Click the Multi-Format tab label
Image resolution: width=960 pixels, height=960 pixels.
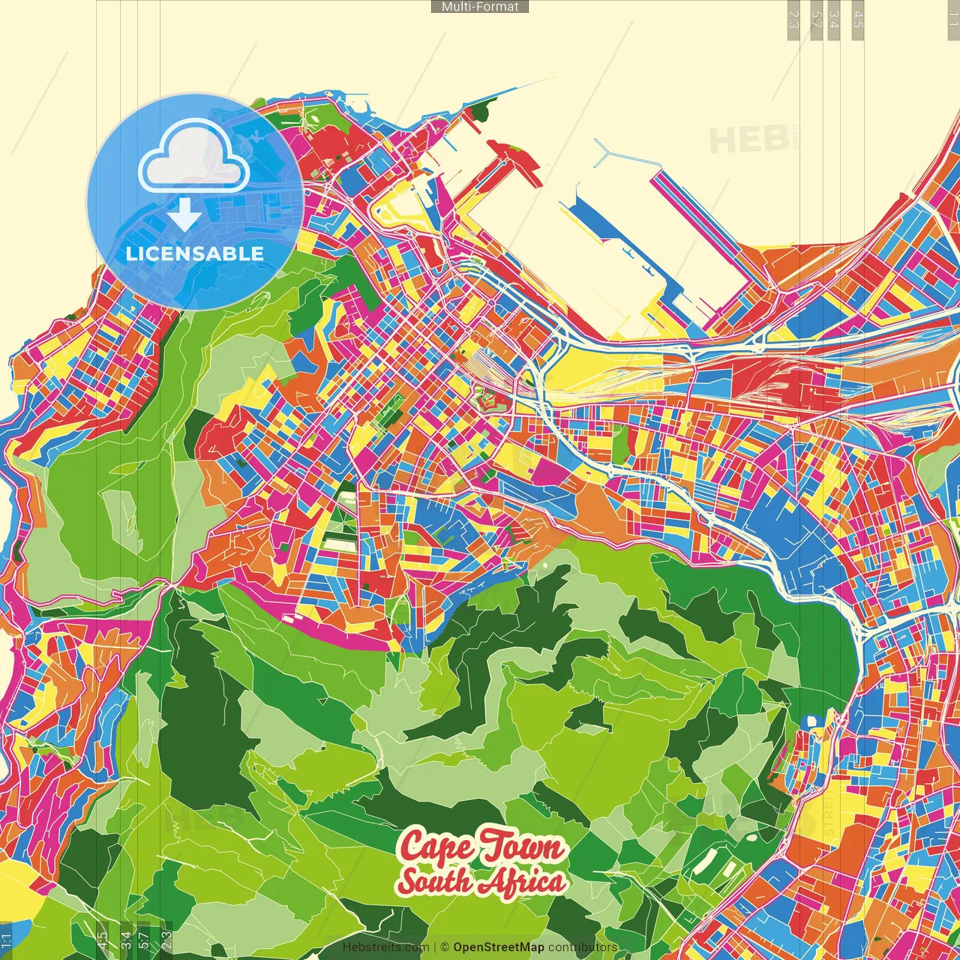pos(480,7)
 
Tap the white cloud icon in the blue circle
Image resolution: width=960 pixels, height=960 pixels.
pos(193,158)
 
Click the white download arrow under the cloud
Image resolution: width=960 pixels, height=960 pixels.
pos(184,216)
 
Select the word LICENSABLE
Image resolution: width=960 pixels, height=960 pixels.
pos(195,253)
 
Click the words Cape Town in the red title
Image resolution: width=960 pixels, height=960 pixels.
pos(481,847)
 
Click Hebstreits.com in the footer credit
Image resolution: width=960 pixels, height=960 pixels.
pos(385,947)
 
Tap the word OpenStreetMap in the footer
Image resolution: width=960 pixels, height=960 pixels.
pos(499,947)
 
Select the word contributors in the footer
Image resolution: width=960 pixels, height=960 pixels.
pos(583,947)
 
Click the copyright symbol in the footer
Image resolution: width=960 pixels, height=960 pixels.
pos(444,947)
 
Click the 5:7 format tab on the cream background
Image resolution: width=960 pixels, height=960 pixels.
pos(816,19)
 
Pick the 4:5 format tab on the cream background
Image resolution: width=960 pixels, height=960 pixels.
pos(858,19)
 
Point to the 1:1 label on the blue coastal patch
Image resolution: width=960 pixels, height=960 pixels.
pos(6,940)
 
